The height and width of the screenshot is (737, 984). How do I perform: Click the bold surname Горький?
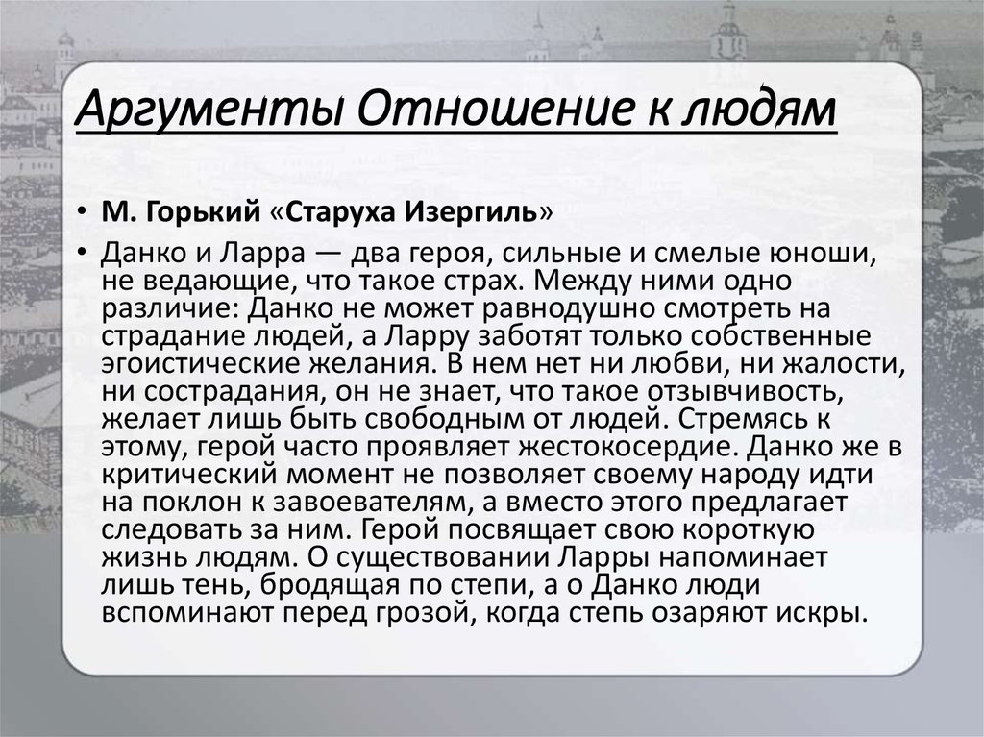click(203, 212)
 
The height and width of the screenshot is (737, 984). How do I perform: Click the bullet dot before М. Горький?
click(82, 212)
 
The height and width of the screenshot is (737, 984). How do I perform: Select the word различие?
click(169, 308)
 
